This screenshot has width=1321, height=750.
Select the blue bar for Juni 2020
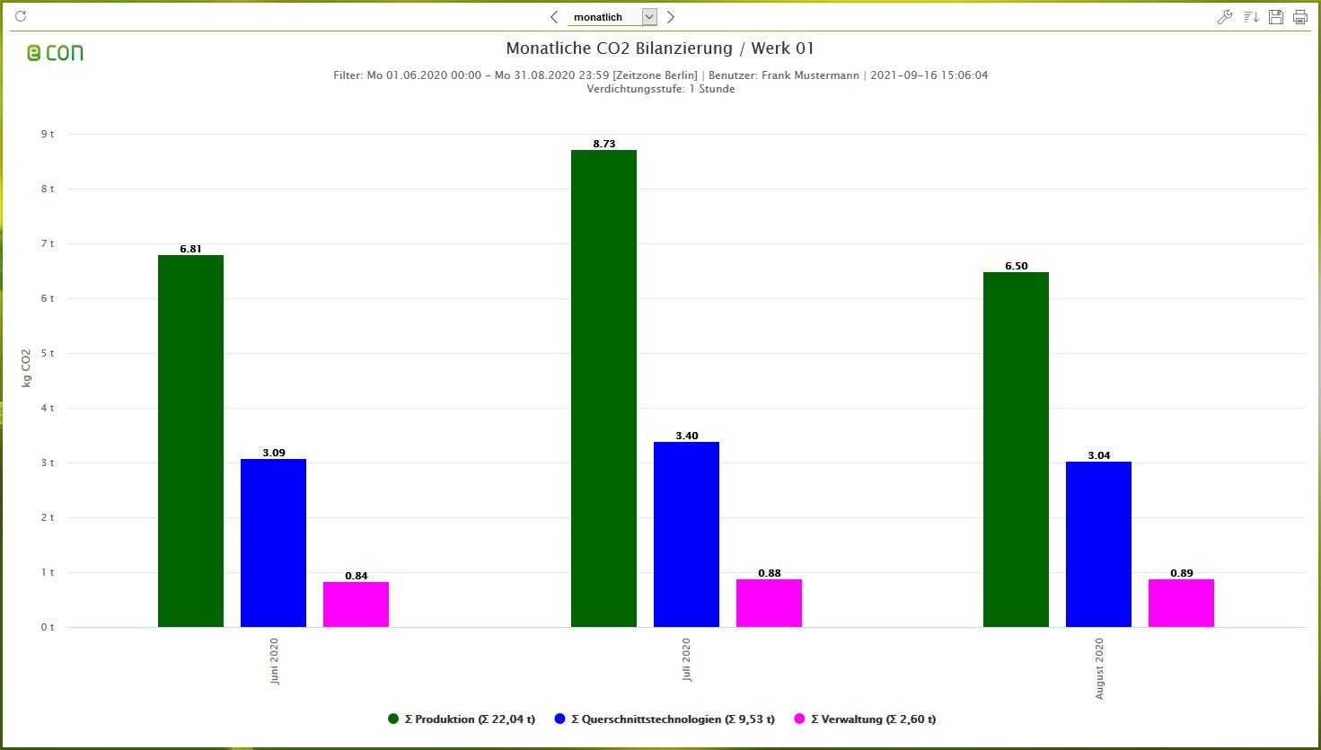click(273, 543)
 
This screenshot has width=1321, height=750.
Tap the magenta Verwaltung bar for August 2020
click(1181, 603)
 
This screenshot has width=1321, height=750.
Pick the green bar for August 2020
click(1016, 449)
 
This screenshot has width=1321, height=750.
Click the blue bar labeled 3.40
click(686, 534)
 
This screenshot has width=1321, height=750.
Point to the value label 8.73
click(603, 144)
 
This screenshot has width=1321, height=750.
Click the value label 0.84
click(357, 576)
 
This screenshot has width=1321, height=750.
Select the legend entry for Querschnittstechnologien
click(665, 719)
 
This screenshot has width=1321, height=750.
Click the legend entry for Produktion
click(462, 719)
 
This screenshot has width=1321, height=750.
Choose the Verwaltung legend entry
click(865, 719)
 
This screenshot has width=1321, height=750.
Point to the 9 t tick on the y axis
click(47, 134)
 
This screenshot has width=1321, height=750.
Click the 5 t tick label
click(47, 353)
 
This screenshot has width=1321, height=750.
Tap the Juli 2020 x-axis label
click(686, 659)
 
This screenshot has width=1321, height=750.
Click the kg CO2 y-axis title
click(26, 368)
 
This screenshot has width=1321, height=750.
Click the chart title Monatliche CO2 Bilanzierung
click(660, 49)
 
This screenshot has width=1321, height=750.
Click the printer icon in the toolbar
click(1299, 17)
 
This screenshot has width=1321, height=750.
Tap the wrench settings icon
click(1224, 17)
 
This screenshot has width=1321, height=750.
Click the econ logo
click(55, 53)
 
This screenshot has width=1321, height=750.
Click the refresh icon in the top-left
click(21, 16)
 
